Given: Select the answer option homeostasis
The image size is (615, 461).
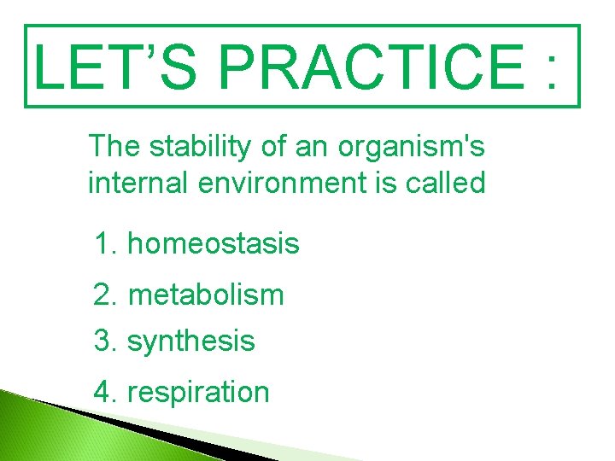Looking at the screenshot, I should point(213,244).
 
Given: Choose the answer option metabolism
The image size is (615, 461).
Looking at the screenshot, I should point(205,295).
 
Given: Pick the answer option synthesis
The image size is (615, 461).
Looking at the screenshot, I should point(190,341).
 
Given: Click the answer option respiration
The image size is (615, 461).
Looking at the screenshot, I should point(197,392).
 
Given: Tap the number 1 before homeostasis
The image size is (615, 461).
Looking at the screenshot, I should point(102,244).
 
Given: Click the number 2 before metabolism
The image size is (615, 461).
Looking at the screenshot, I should point(102,295).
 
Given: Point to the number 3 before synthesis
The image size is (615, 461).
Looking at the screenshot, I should point(102,341).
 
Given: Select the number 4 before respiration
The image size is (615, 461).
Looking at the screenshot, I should point(102,392).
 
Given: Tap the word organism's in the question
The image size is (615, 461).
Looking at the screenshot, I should point(412,147).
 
